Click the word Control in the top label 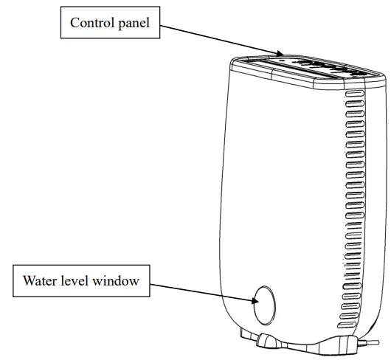click(91, 23)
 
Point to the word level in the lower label click(75, 280)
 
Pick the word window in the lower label click(114, 280)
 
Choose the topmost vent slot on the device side click(352, 96)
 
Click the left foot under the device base click(268, 342)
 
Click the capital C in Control click(75, 23)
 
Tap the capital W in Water click(29, 280)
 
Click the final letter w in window click(135, 281)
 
